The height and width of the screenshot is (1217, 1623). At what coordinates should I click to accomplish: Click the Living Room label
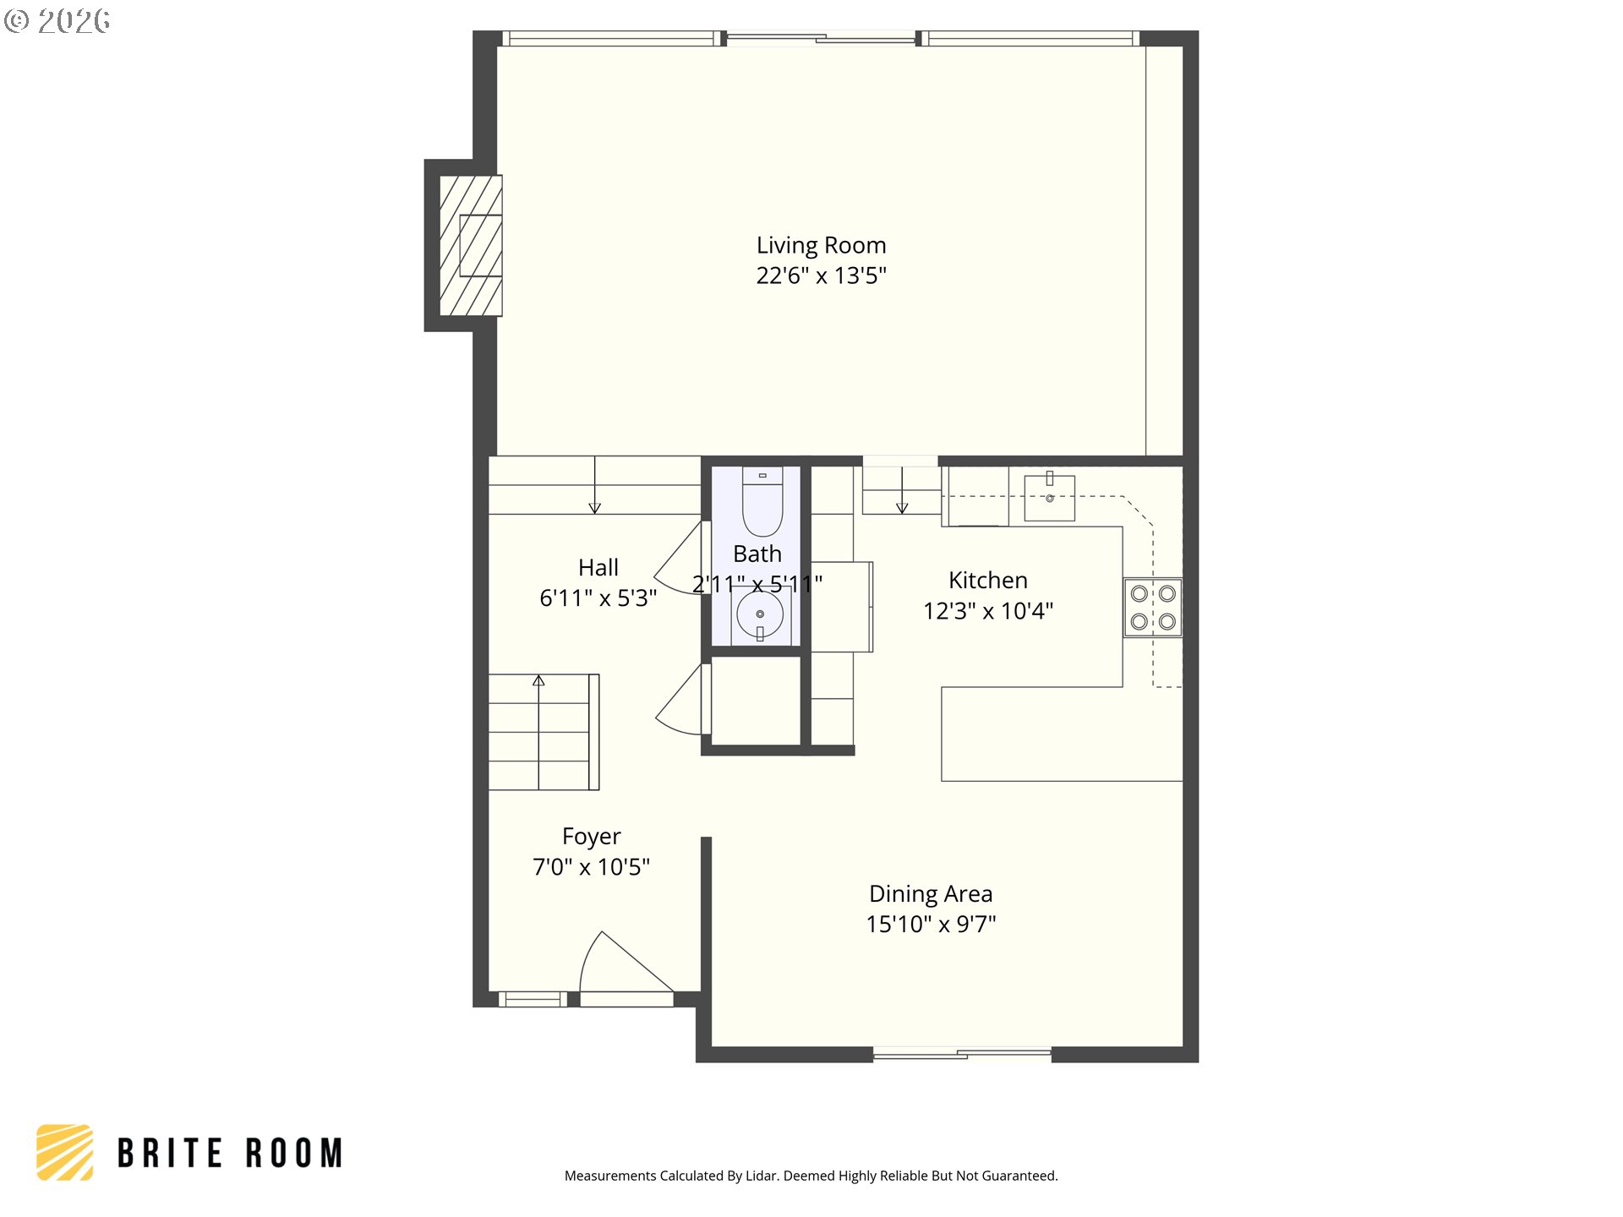coord(821,245)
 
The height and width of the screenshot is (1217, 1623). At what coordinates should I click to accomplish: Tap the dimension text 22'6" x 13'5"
coord(821,276)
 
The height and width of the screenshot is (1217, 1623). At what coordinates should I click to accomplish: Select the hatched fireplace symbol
coord(471,245)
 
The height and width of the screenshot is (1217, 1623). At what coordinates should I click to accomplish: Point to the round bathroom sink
coord(759,614)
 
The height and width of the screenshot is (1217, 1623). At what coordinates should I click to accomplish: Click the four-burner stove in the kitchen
coord(1153,608)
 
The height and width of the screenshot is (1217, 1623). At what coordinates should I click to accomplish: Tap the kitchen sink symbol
coord(1049,497)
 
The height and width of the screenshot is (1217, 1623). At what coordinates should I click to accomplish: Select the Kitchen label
coord(987,581)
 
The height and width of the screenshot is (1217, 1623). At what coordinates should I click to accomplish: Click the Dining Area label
coord(930,894)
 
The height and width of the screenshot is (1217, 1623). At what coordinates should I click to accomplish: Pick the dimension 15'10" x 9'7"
coord(930,925)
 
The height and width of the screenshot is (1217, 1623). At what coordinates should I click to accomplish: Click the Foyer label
coord(591,837)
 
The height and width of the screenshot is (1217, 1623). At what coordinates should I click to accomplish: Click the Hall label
coord(598,568)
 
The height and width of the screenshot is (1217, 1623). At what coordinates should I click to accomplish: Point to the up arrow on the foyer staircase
coord(538,680)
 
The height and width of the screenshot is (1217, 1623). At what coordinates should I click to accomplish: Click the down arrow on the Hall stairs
coord(594,507)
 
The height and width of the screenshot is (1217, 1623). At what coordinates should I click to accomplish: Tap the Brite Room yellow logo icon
coord(65,1152)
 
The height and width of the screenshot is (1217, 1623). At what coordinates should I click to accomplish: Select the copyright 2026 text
coord(57,21)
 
